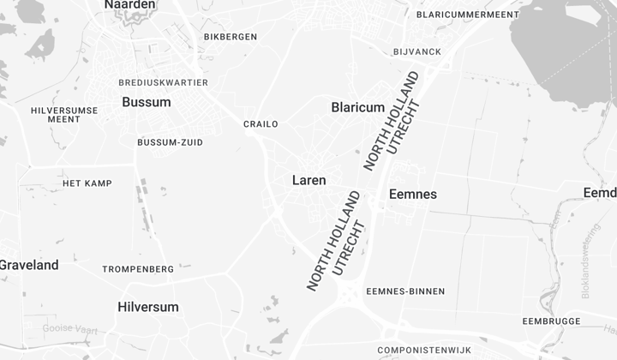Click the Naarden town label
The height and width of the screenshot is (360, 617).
[130, 5]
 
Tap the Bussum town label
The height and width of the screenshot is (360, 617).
[147, 102]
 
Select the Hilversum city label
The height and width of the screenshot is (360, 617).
[148, 307]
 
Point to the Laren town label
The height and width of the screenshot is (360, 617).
[308, 180]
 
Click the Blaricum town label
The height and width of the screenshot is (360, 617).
[357, 107]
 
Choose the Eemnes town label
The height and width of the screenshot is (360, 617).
[413, 195]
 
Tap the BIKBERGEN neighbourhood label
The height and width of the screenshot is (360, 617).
[231, 37]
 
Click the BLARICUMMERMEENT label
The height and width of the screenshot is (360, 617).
[468, 15]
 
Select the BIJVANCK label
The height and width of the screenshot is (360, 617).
[417, 52]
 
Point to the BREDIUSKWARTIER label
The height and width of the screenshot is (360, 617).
[164, 82]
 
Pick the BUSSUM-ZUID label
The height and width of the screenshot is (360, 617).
[171, 142]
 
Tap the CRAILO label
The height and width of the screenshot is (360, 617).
[261, 124]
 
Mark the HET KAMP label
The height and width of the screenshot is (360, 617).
[87, 183]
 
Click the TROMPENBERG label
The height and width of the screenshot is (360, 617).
[138, 269]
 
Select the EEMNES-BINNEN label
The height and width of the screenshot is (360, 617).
[405, 291]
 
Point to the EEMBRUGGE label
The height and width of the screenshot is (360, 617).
[551, 321]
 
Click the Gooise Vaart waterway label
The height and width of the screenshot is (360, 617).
[70, 328]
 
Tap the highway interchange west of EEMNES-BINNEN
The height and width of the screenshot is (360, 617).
[350, 296]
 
